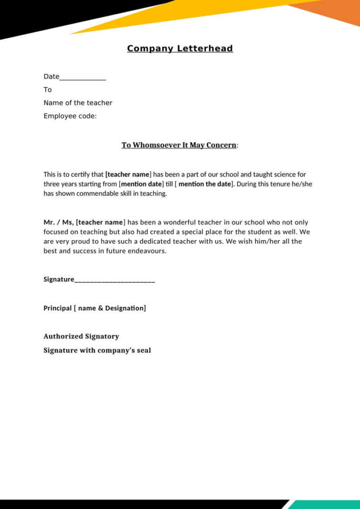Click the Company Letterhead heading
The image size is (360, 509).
(x=180, y=48)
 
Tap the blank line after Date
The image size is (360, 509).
(x=83, y=78)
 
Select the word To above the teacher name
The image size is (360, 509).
(x=48, y=89)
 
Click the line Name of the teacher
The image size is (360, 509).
(x=78, y=103)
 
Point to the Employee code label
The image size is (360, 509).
(x=70, y=116)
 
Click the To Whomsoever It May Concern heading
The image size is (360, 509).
(x=179, y=145)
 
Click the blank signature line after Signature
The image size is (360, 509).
(x=115, y=280)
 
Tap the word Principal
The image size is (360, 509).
(x=58, y=308)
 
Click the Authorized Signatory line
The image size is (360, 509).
(x=81, y=337)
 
